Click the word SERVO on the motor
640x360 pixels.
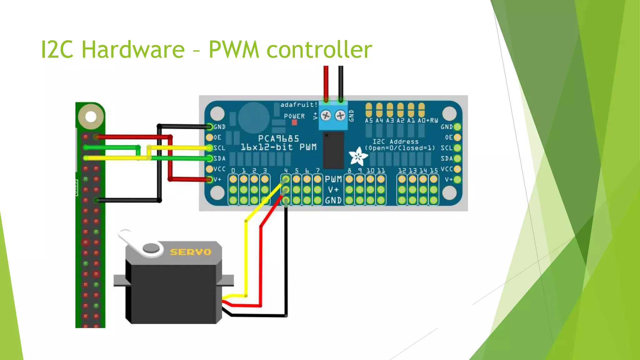pyautogui.click(x=191, y=252)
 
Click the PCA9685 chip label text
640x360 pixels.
pyautogui.click(x=278, y=138)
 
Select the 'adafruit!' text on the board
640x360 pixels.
pyautogui.click(x=299, y=105)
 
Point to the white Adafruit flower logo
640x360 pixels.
pyautogui.click(x=358, y=156)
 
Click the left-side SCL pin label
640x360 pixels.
pyautogui.click(x=219, y=148)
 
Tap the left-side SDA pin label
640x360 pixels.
pyautogui.click(x=219, y=158)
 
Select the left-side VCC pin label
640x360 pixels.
pyautogui.click(x=219, y=169)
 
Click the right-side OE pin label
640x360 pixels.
pyautogui.click(x=449, y=137)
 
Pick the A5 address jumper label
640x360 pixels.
pyautogui.click(x=369, y=121)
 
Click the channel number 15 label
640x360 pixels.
pyautogui.click(x=434, y=171)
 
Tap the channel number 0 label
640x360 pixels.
pyautogui.click(x=233, y=171)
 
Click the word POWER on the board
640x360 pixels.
pyautogui.click(x=294, y=116)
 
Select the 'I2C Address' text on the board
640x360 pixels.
pyautogui.click(x=396, y=142)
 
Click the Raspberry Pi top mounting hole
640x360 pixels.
pyautogui.click(x=91, y=117)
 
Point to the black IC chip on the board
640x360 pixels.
pyautogui.click(x=333, y=150)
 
